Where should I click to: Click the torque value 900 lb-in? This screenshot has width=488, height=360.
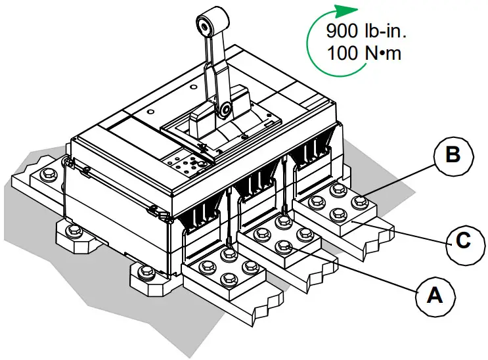(x=361, y=32)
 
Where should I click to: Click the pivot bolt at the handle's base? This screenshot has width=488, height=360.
(x=225, y=108)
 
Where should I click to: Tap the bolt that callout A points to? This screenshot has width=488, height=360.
(x=284, y=247)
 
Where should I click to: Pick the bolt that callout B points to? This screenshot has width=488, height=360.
(x=358, y=202)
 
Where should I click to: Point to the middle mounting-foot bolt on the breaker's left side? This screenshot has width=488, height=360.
(x=74, y=231)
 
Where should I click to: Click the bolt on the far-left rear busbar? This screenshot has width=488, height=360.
(x=48, y=175)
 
